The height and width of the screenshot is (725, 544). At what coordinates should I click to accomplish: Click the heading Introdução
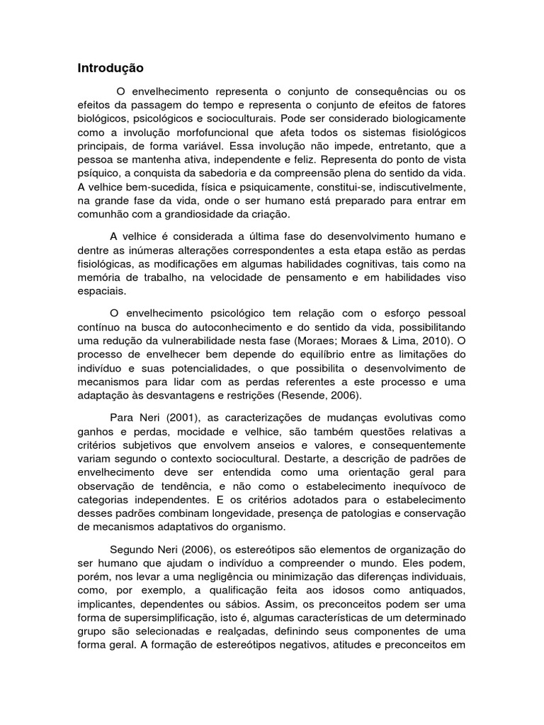[x=110, y=69]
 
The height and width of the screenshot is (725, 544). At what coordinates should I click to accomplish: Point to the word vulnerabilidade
[x=186, y=341]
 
